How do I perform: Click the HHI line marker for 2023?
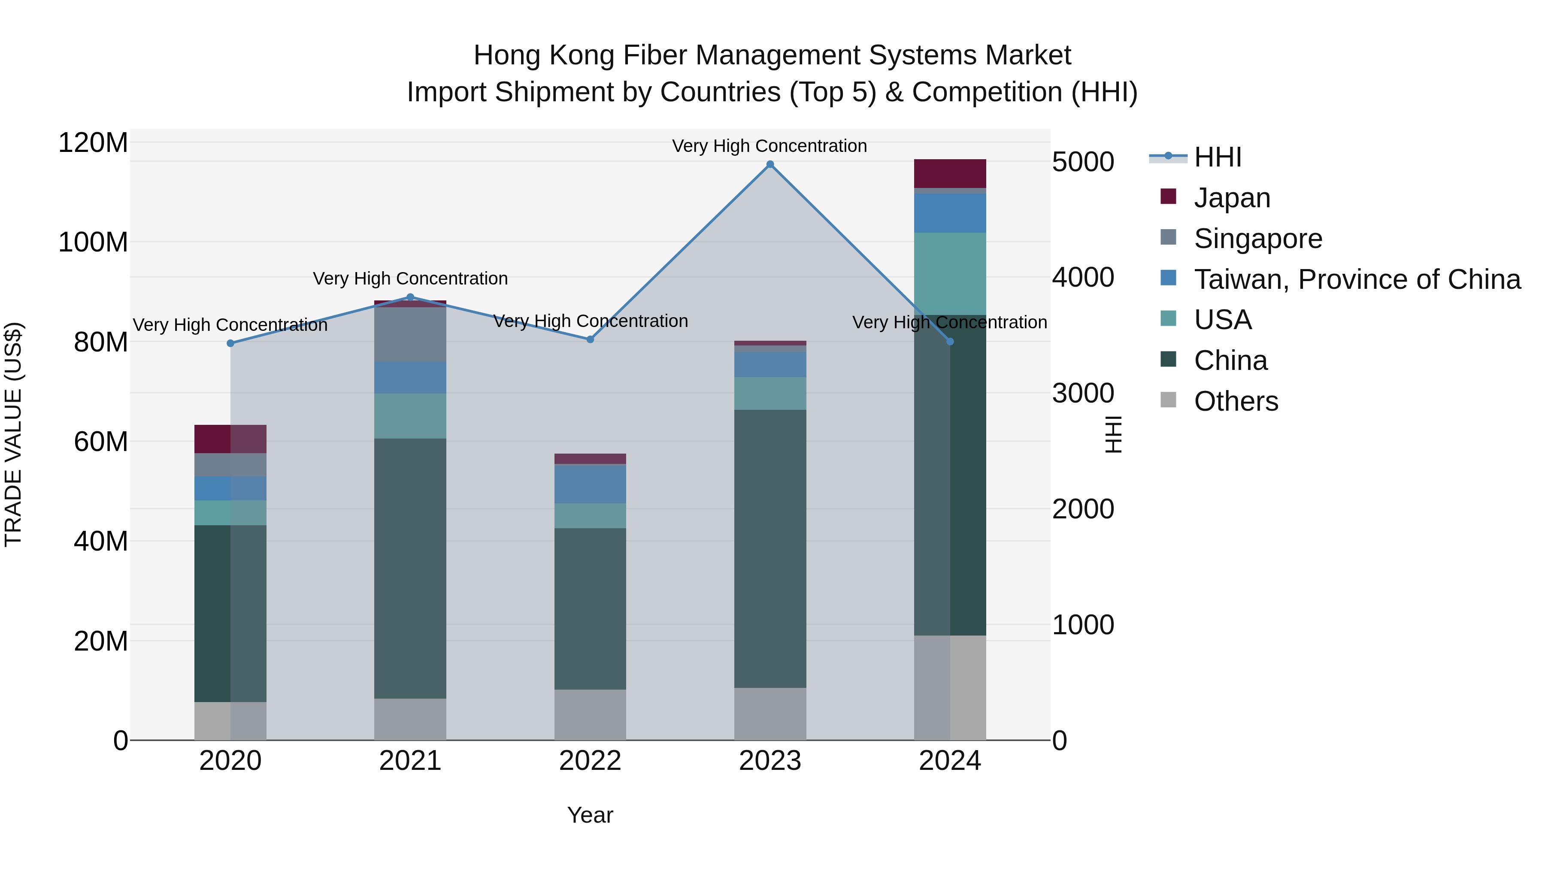click(x=770, y=164)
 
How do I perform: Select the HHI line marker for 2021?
click(x=410, y=297)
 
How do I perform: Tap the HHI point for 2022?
click(x=590, y=339)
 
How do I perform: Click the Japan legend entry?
click(x=1231, y=198)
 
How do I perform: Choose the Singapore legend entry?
click(x=1258, y=239)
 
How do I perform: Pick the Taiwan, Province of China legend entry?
click(x=1357, y=279)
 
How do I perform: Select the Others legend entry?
click(x=1236, y=401)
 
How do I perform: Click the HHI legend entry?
click(x=1217, y=157)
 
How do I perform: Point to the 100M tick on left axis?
click(x=93, y=243)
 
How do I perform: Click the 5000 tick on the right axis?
click(x=1083, y=162)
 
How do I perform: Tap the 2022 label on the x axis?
click(x=590, y=761)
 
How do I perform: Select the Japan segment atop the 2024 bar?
click(x=950, y=173)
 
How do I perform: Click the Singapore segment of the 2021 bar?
click(x=410, y=334)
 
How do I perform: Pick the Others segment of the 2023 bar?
click(x=770, y=714)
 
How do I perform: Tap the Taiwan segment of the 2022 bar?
click(x=590, y=484)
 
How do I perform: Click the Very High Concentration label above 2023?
click(x=769, y=146)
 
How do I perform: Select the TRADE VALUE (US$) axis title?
click(x=13, y=434)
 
